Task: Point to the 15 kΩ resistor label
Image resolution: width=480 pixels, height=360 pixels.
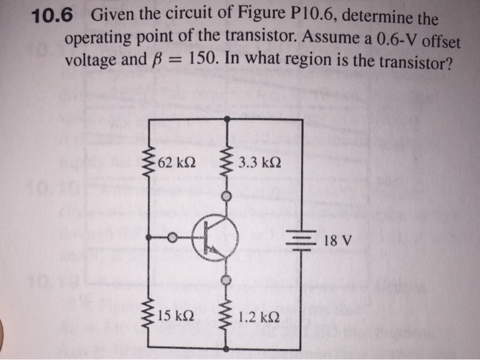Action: coord(176,316)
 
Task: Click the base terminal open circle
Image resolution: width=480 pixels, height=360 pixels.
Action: coord(174,237)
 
